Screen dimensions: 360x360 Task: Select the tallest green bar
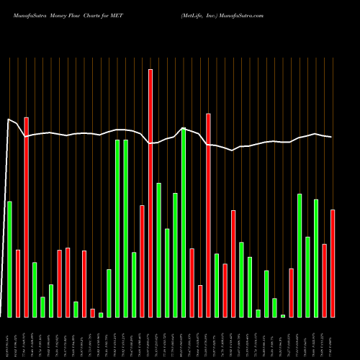pos(184,222)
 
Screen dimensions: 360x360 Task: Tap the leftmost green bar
pos(9,259)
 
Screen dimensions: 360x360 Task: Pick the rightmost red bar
pos(333,264)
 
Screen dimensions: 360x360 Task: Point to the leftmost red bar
pos(18,284)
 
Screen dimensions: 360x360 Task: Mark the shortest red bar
pos(92,313)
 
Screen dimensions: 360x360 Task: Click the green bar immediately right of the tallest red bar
pos(158,251)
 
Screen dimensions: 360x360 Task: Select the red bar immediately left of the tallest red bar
pos(142,261)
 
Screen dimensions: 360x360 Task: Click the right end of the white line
pos(332,137)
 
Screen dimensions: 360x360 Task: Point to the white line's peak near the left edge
pos(9,120)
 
